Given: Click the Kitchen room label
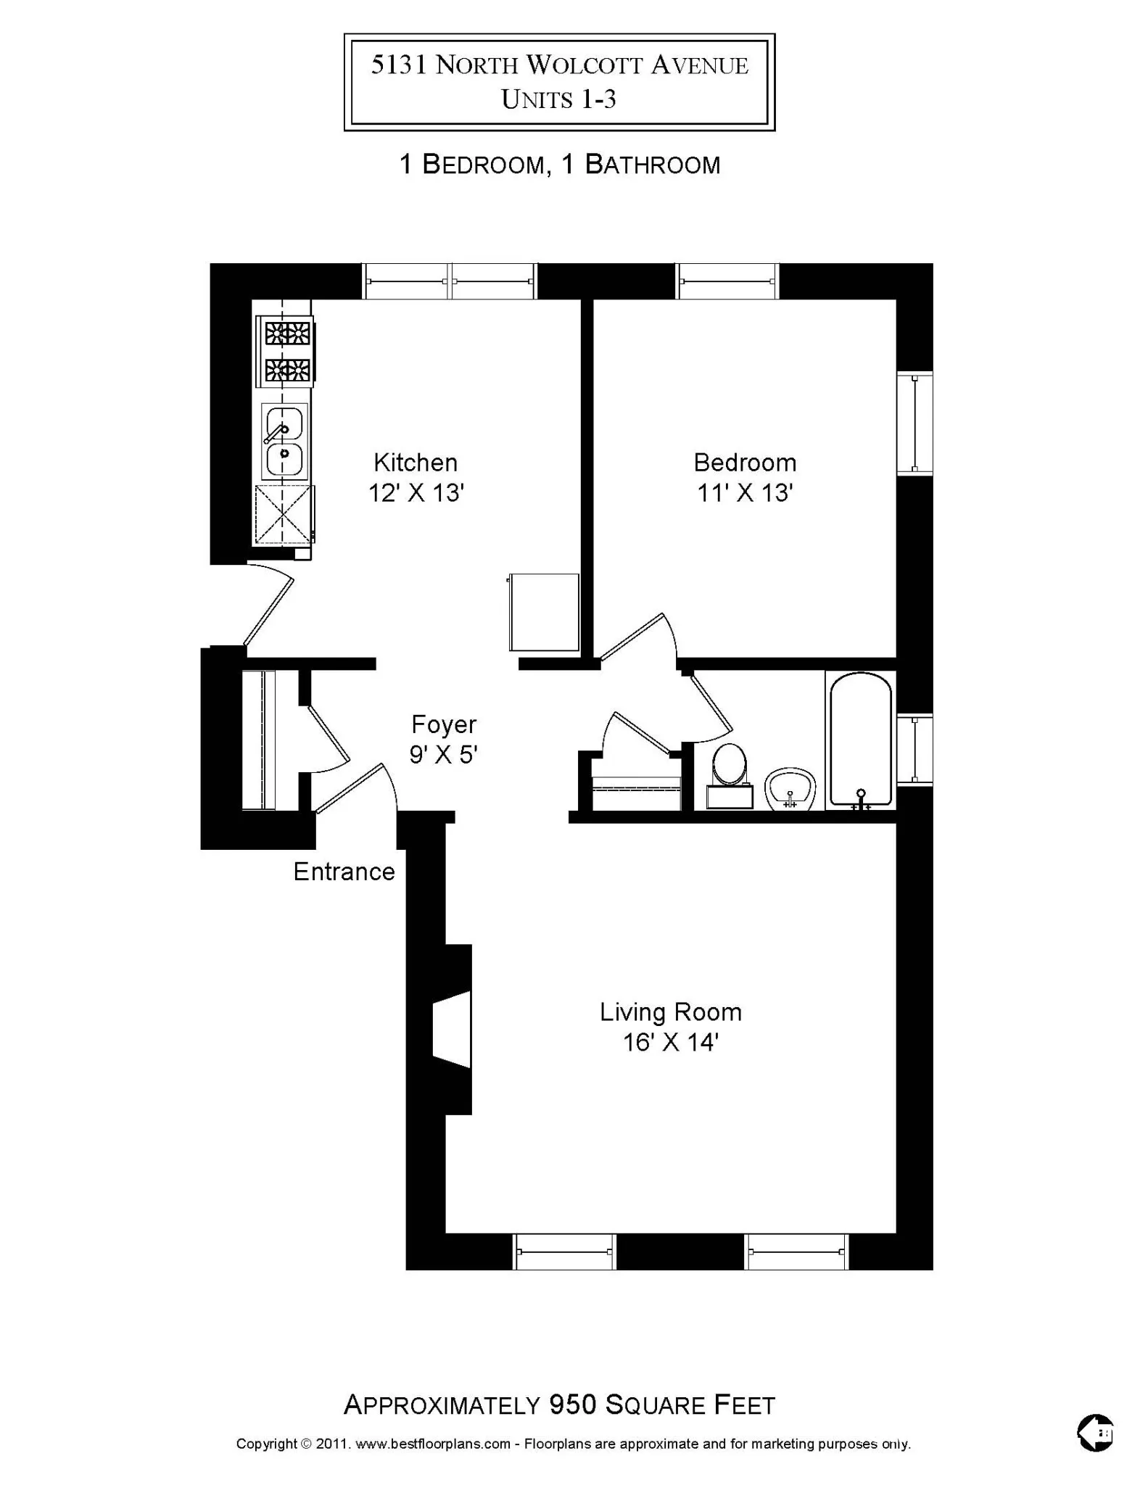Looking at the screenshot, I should point(416,463).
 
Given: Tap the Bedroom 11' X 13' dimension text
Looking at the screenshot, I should point(745,494).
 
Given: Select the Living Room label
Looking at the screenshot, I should point(670,1012).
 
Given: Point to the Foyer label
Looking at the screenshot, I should point(444,724).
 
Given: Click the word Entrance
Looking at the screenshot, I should point(344,872).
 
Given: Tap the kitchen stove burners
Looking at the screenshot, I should point(287,352).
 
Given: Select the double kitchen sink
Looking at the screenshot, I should point(284,441).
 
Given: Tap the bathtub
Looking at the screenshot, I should point(861,740).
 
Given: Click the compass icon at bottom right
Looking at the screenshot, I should point(1095,1433).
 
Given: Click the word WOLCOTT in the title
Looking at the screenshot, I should point(584,66).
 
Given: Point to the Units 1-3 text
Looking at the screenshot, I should point(558,99).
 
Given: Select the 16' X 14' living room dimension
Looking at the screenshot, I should point(670,1043).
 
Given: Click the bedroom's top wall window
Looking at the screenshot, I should point(727,281).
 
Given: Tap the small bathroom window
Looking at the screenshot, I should point(914,750).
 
